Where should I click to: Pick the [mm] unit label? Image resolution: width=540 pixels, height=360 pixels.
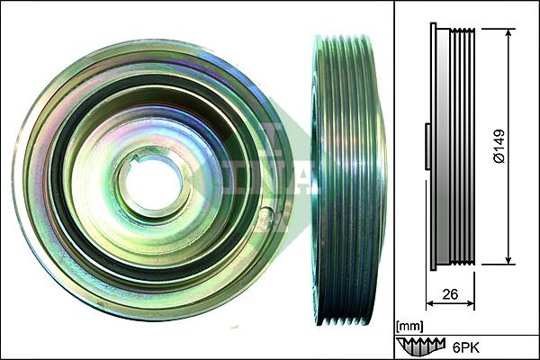[409, 325]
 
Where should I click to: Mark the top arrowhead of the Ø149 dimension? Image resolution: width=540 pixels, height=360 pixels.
[510, 33]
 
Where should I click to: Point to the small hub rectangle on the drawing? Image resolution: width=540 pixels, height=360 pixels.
[426, 147]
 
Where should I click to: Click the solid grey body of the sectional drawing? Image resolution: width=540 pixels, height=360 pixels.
[443, 147]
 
